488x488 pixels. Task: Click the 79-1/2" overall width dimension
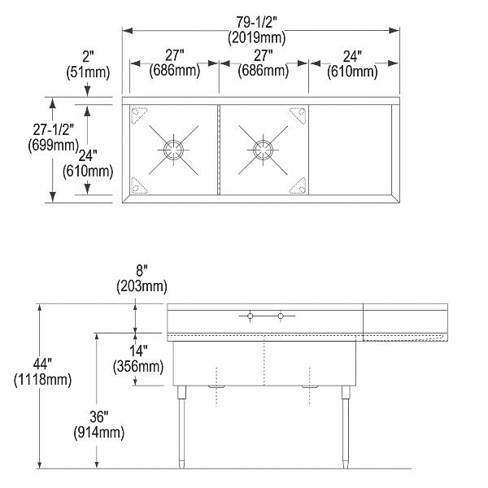click(x=256, y=23)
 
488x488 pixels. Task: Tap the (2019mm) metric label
click(x=256, y=37)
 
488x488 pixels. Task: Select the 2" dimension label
click(x=88, y=57)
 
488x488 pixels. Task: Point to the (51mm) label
click(x=88, y=72)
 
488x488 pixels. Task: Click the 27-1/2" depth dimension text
click(x=54, y=129)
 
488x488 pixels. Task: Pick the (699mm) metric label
click(x=53, y=145)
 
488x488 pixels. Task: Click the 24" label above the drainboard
click(x=352, y=57)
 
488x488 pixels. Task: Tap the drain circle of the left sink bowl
click(x=174, y=150)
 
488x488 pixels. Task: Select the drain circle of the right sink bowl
click(x=264, y=150)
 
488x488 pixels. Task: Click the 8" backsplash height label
click(x=142, y=270)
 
